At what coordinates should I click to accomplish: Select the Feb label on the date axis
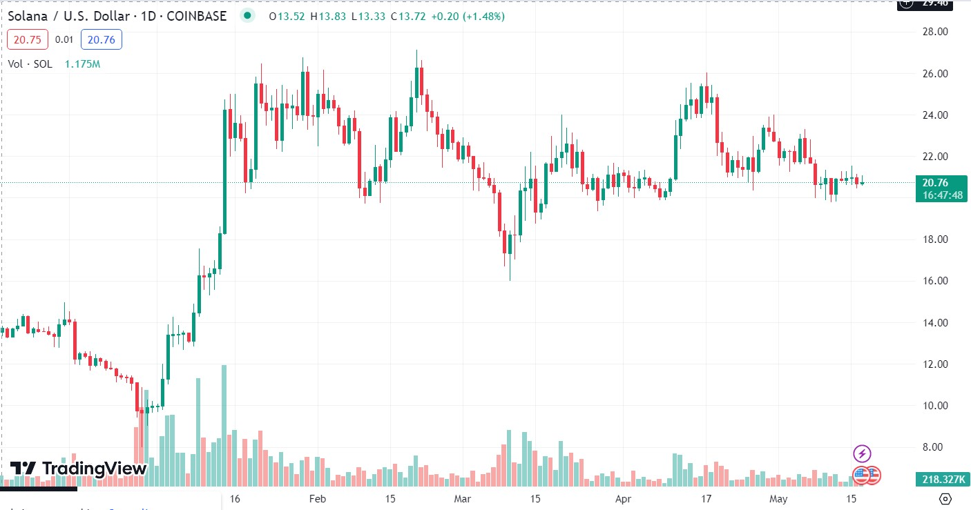(317, 498)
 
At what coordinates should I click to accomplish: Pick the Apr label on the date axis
(624, 498)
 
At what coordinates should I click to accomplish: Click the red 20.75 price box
(27, 40)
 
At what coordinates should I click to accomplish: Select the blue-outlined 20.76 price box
(101, 40)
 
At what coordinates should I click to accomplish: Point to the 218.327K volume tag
(942, 479)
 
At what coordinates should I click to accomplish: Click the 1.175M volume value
(82, 64)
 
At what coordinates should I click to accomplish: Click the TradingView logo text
(94, 469)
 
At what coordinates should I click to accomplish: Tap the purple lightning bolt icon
(862, 453)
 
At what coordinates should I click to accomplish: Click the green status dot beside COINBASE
(247, 16)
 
